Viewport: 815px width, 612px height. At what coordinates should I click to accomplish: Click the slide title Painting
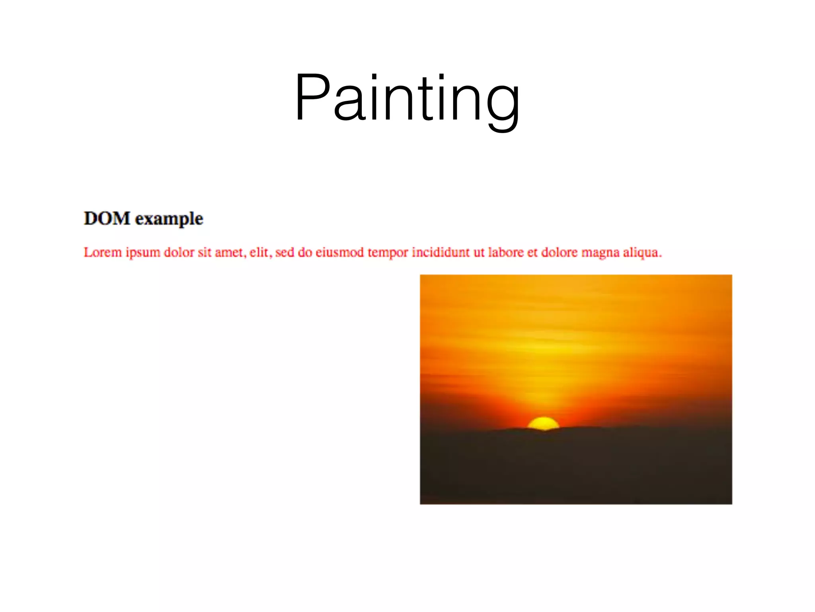(407, 98)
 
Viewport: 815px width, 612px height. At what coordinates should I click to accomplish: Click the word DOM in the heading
(107, 218)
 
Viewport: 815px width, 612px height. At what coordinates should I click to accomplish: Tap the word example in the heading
(169, 220)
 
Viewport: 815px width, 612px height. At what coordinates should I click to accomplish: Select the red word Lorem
(102, 252)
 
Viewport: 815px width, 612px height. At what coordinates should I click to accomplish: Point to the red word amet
(230, 252)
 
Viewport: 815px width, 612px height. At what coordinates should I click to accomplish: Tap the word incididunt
(441, 252)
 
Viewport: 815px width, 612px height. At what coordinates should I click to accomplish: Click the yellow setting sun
(543, 424)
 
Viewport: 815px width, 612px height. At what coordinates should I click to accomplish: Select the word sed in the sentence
(285, 252)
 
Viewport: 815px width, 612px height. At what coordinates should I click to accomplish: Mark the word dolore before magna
(559, 252)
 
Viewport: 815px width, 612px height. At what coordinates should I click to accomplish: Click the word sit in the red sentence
(204, 252)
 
